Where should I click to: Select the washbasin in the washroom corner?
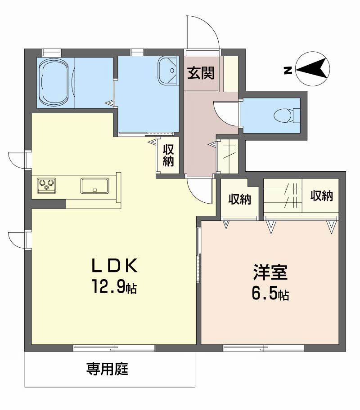[x=167, y=71]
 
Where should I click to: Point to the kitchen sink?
[x=94, y=185]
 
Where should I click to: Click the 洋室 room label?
[x=270, y=273]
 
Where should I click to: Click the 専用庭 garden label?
[x=108, y=370]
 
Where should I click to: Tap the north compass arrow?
[x=313, y=69]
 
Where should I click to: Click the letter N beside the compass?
[x=287, y=70]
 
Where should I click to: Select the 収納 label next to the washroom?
[x=168, y=155]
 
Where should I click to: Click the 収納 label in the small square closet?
[x=239, y=199]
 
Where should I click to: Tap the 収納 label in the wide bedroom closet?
[x=321, y=196]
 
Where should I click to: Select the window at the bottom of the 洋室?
[x=264, y=347]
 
